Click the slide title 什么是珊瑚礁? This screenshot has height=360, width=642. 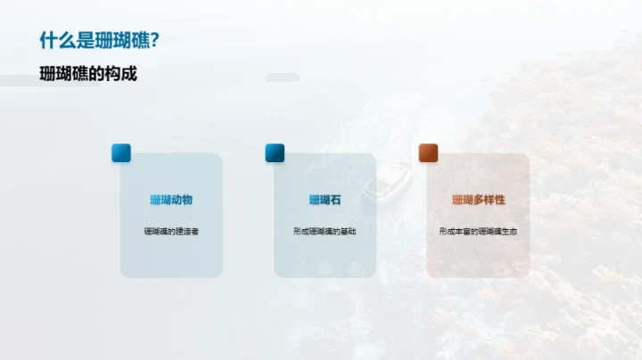pos(100,41)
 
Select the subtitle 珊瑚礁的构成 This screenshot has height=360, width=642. pos(88,74)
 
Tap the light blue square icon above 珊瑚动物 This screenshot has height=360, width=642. pos(121,153)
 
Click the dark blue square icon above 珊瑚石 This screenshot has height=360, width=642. pos(275,153)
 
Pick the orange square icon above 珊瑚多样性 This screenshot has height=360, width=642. pos(429,153)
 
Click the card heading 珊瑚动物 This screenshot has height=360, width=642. pos(171,200)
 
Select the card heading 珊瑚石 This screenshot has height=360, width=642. pos(325,200)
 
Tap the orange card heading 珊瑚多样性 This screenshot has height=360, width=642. pos(478,200)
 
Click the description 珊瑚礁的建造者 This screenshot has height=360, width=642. pos(171,232)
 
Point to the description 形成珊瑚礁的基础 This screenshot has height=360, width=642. pos(325,232)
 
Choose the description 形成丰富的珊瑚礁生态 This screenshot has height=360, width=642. pos(478,232)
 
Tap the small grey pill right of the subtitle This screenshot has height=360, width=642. pos(283,78)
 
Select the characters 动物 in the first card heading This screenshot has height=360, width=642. pos(182,200)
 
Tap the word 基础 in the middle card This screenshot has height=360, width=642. pos(348,232)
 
